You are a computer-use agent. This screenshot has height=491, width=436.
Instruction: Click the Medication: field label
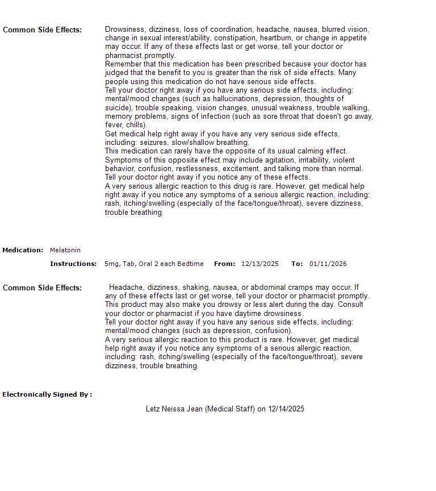coord(23,250)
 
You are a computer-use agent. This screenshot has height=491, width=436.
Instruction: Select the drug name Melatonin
coord(65,250)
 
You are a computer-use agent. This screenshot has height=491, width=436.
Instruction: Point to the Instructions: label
coord(73,264)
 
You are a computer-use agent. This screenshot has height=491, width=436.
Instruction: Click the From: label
coord(224,264)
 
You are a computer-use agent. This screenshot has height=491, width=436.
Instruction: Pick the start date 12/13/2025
coord(260,264)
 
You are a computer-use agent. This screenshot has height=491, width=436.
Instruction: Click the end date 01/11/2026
coord(328,264)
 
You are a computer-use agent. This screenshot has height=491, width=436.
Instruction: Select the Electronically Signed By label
coord(47,394)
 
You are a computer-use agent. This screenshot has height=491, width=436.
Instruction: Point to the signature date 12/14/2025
coord(286,409)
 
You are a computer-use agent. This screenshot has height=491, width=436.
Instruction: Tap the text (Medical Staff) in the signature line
coord(230,409)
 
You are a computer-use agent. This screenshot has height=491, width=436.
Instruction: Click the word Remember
coord(123,64)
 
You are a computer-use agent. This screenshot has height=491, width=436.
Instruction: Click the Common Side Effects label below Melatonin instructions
coord(42,288)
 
